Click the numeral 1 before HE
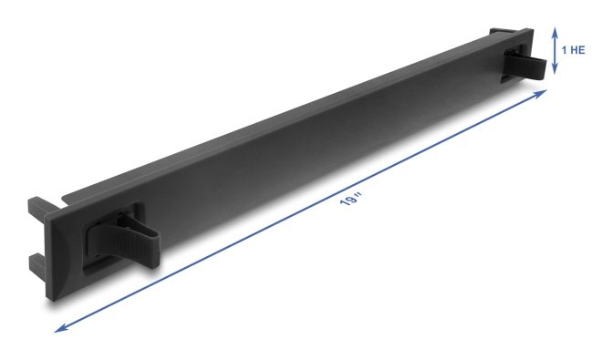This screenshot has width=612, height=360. (564, 50)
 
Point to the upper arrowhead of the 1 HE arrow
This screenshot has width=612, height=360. (555, 30)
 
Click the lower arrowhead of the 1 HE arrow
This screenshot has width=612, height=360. (555, 70)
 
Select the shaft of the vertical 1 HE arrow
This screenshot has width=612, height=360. (555, 50)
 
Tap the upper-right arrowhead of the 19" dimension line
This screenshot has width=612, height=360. (541, 93)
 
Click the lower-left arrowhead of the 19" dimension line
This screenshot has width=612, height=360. (61, 328)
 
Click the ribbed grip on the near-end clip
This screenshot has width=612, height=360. (117, 239)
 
